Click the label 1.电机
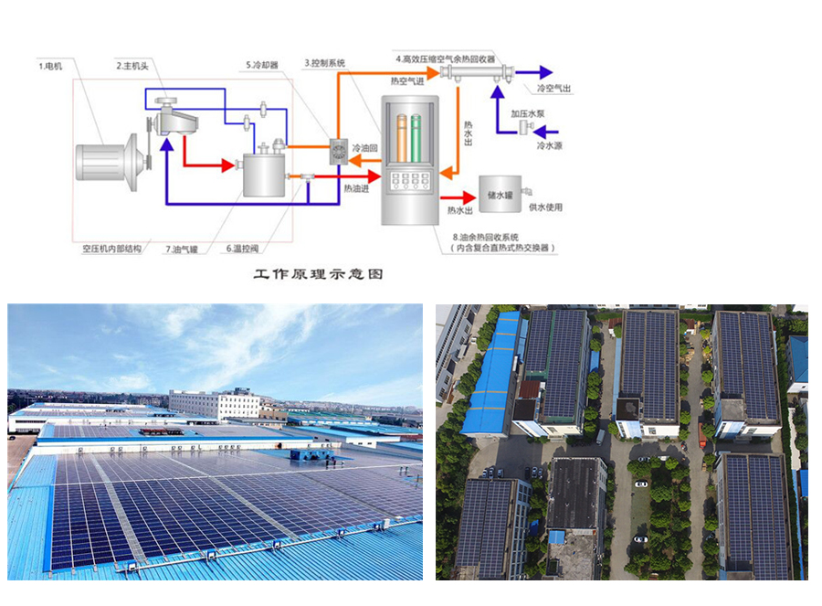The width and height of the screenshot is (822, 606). (50, 66)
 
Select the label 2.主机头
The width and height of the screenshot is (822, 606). (132, 66)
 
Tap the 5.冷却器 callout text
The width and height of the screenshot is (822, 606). (262, 66)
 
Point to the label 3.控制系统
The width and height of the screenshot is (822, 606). (325, 63)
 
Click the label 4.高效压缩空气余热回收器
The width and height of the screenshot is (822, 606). (445, 58)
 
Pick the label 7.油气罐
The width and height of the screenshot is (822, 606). (184, 249)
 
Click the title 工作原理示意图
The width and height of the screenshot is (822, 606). (318, 273)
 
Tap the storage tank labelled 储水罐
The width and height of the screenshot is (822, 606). (501, 193)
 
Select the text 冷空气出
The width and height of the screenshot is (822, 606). (553, 89)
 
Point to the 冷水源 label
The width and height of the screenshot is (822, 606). (550, 145)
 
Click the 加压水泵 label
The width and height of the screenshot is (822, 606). (528, 113)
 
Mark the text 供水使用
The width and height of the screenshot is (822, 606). (545, 208)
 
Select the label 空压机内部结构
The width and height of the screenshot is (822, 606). (112, 249)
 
